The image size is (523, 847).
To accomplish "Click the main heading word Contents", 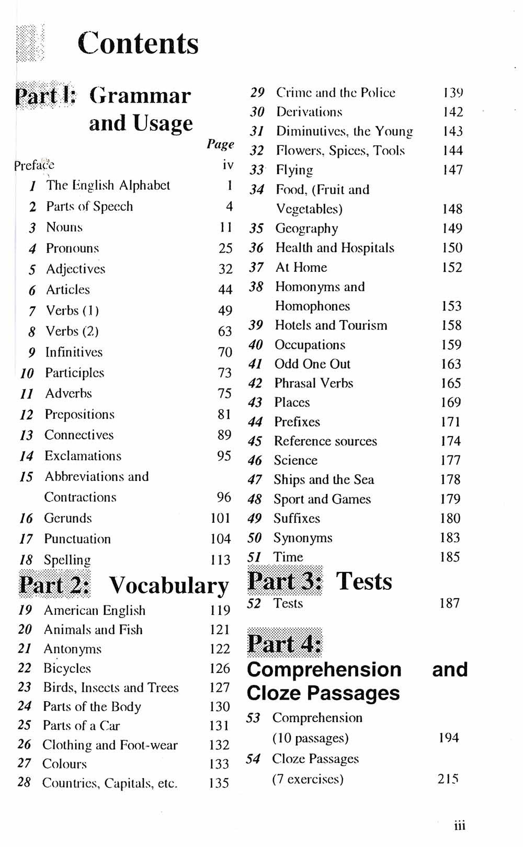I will click(138, 43).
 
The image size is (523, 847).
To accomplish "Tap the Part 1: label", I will click(46, 96).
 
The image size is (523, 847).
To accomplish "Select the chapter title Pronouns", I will click(72, 248).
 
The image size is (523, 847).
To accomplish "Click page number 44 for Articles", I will click(225, 290).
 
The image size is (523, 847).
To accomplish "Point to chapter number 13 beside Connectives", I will click(26, 436).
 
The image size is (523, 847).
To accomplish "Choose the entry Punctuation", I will click(77, 539).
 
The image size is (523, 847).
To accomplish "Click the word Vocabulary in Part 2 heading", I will click(168, 586).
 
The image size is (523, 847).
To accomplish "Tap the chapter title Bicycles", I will click(67, 668).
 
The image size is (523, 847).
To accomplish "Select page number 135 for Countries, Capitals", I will click(219, 783).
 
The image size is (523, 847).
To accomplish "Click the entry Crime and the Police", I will click(335, 93).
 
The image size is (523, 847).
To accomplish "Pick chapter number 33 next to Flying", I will click(256, 170).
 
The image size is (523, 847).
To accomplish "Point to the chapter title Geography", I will click(306, 228).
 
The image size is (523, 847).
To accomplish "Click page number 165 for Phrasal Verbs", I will click(450, 383).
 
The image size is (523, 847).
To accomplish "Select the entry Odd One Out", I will click(312, 364).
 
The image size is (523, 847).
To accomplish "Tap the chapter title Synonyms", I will click(303, 538).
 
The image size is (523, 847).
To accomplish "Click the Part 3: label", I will click(285, 581).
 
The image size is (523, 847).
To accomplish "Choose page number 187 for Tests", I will click(449, 603).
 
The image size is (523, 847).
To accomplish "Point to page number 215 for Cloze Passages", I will click(448, 779).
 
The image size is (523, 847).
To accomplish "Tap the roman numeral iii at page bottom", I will click(459, 826).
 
